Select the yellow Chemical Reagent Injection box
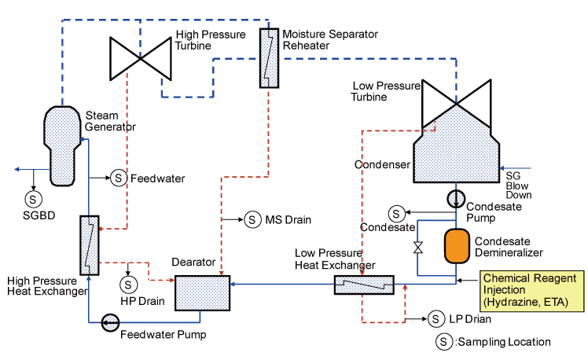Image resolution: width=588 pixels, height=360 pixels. pyautogui.click(x=532, y=289)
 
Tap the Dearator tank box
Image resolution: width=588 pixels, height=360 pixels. pyautogui.click(x=201, y=292)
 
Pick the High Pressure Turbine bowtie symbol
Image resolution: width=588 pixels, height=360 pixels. pyautogui.click(x=139, y=57)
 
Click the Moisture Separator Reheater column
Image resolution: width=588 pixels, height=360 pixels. pyautogui.click(x=270, y=59)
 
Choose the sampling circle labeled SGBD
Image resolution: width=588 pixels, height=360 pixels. pyautogui.click(x=35, y=197)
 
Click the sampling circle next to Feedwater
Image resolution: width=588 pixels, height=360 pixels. pyautogui.click(x=117, y=178)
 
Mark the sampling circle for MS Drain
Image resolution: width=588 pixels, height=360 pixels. pyautogui.click(x=252, y=219)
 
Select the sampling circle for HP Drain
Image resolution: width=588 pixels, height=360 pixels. pyautogui.click(x=127, y=282)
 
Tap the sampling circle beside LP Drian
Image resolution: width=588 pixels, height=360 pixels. pyautogui.click(x=437, y=319)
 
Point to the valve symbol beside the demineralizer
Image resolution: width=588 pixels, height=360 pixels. pyautogui.click(x=418, y=248)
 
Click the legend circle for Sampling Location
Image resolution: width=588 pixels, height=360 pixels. pyautogui.click(x=446, y=342)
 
